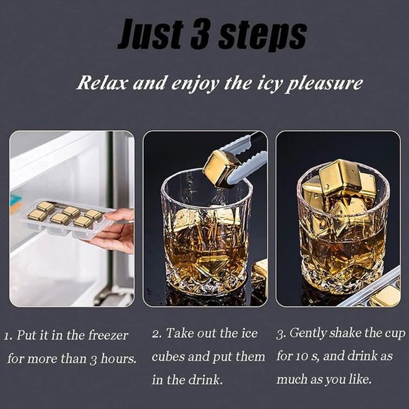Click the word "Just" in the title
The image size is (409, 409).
point(151,34)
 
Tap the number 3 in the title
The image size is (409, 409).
point(200,34)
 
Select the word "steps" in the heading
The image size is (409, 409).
point(262,37)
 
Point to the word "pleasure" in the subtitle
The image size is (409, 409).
point(324,84)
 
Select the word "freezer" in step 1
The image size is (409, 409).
point(108,335)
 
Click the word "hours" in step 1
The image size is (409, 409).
point(119,359)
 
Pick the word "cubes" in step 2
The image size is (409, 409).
point(168,357)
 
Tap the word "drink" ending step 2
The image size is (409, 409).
point(206,380)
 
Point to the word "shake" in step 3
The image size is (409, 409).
point(346,333)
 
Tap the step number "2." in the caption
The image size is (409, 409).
point(157,333)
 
